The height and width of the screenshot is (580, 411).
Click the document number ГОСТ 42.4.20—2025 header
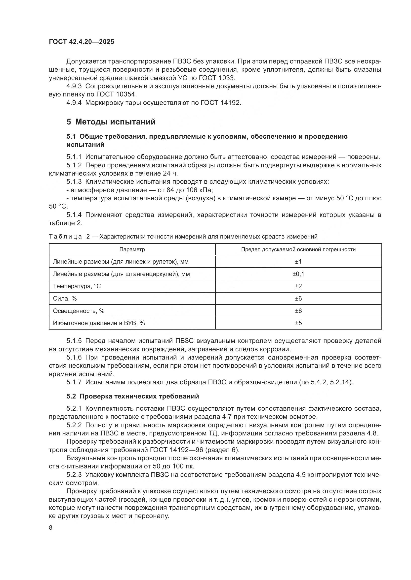(82, 42)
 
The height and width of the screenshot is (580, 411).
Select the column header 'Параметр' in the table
(132, 249)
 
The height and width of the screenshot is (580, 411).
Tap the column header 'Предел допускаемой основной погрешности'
(298, 249)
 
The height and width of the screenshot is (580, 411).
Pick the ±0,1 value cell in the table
(298, 274)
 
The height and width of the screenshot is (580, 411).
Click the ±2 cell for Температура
(298, 286)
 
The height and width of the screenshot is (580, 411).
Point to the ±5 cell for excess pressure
(298, 323)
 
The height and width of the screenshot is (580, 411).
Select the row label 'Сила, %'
(65, 299)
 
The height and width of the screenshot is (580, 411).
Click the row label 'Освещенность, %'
(79, 311)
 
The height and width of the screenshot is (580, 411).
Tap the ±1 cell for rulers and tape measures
(298, 262)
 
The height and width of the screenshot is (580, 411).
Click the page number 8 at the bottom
(51, 528)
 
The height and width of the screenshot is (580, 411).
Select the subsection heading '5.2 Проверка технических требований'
(133, 396)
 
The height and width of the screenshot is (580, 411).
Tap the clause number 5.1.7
(74, 382)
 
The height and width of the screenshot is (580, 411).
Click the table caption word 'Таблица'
(65, 237)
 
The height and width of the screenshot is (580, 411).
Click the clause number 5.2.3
(74, 475)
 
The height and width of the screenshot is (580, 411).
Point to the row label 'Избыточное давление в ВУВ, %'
(99, 323)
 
